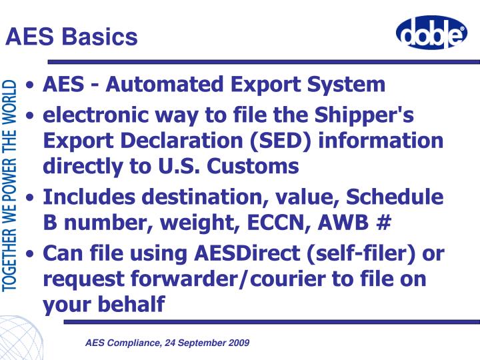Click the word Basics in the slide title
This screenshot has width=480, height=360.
[x=101, y=37]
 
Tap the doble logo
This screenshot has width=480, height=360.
[x=431, y=33]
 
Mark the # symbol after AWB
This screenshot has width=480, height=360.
[x=382, y=223]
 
